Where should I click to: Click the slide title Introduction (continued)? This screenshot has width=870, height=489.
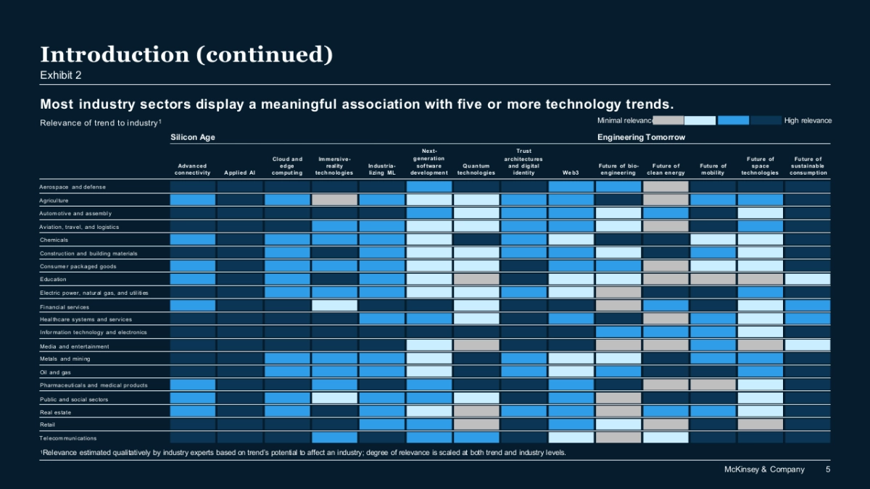click(186, 55)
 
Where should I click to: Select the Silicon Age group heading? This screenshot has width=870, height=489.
click(193, 137)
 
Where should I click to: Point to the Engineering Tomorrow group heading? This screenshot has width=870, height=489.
click(641, 137)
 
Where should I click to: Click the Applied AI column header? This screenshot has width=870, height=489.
click(240, 173)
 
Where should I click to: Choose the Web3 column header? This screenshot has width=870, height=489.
click(571, 173)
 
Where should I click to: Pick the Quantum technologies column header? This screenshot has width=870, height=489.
click(476, 170)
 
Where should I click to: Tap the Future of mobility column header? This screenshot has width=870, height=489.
click(713, 170)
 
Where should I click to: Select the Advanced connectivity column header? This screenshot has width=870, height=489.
click(193, 170)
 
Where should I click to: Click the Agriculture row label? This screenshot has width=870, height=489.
click(54, 201)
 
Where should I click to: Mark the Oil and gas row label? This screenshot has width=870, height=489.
click(56, 372)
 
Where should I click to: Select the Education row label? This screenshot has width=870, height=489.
click(54, 280)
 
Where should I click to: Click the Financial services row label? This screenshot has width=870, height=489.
click(64, 306)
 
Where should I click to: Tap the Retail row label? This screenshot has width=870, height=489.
click(48, 425)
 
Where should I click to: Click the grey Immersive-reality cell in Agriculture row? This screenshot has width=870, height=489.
click(334, 200)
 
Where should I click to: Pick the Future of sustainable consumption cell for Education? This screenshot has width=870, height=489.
click(808, 279)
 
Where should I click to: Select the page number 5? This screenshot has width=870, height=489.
click(829, 469)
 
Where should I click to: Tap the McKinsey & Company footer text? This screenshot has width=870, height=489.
click(764, 469)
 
